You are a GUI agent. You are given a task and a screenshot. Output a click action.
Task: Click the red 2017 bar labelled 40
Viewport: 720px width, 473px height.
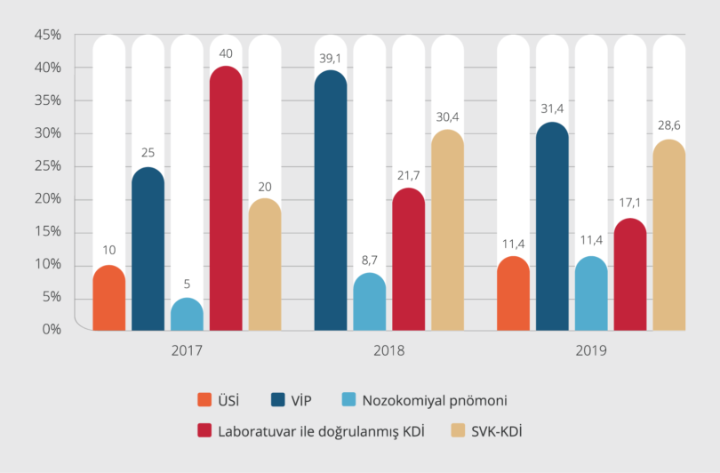click(226, 200)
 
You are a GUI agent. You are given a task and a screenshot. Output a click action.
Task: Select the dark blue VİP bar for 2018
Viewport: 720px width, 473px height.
click(331, 203)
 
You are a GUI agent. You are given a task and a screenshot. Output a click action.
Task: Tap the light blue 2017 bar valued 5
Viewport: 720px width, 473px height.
click(187, 315)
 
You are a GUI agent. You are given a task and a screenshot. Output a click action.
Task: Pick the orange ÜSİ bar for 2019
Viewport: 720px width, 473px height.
click(513, 294)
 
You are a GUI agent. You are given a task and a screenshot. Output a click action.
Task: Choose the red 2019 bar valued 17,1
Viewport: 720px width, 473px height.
click(630, 276)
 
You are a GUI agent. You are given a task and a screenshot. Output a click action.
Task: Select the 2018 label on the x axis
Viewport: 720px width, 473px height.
click(388, 350)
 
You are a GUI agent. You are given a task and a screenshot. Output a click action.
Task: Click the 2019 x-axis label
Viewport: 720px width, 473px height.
click(590, 350)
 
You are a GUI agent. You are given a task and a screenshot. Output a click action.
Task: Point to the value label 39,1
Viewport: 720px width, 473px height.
click(331, 59)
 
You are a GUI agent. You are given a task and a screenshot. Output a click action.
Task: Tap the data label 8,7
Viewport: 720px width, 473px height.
click(370, 261)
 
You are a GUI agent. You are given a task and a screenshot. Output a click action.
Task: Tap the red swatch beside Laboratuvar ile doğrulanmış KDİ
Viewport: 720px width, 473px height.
click(204, 432)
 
